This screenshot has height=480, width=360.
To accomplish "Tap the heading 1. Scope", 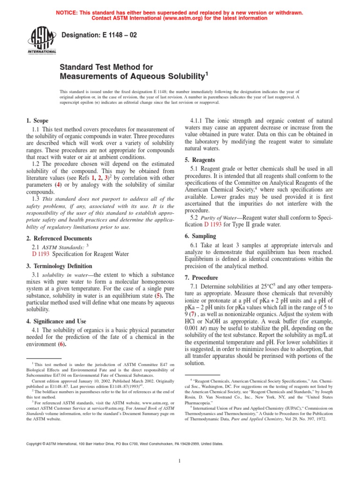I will pyautogui.click(x=35, y=120).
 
